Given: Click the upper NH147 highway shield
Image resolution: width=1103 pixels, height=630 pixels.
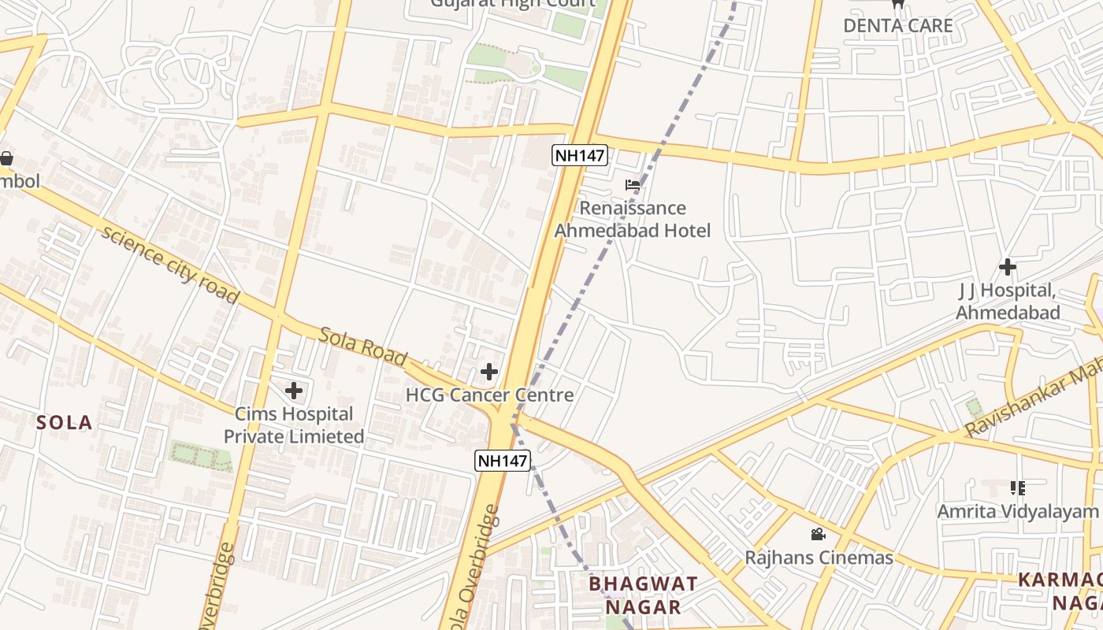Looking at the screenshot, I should pos(579,155).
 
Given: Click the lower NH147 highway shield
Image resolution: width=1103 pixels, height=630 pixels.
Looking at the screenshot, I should pos(502,461).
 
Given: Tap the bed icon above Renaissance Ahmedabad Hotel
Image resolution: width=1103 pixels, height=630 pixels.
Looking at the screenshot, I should pos(633,186).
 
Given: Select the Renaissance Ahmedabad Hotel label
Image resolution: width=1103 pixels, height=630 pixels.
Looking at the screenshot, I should pos(633,219).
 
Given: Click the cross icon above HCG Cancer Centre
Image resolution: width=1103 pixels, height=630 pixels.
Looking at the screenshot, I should pos(489,372).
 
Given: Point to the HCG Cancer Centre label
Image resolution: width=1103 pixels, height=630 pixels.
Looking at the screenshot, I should pos(489,395).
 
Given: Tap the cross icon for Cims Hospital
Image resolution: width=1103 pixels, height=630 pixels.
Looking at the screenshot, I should pos(294,391).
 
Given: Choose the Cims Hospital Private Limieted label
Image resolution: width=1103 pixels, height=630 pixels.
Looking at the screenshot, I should pos(294,425).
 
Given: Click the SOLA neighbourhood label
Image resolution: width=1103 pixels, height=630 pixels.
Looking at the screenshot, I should pos(65,423).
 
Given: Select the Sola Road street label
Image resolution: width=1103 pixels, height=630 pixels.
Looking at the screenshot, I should pos(363,347).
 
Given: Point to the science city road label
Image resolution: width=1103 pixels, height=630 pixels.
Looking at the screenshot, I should pos(169,265).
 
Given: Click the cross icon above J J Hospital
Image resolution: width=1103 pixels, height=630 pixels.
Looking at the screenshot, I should pos(1007,267).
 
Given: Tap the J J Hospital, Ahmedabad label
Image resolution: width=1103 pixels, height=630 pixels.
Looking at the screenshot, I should pos(1008,302).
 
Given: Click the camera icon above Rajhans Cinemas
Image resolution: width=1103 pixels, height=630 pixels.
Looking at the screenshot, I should pos(819,535).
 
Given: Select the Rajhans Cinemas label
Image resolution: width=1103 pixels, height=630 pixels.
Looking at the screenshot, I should pos(819,558).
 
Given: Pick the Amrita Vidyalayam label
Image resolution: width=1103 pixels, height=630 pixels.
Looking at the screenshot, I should pos(1017,512).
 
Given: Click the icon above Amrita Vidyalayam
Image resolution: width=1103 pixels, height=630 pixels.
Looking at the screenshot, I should pos(1017,488).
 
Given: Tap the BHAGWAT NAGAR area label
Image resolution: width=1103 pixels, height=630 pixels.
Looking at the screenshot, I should pos(643,595).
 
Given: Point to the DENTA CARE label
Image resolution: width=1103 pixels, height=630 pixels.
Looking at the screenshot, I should pos(897,25).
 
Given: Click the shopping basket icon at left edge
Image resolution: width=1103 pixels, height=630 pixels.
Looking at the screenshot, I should pos(6,158).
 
